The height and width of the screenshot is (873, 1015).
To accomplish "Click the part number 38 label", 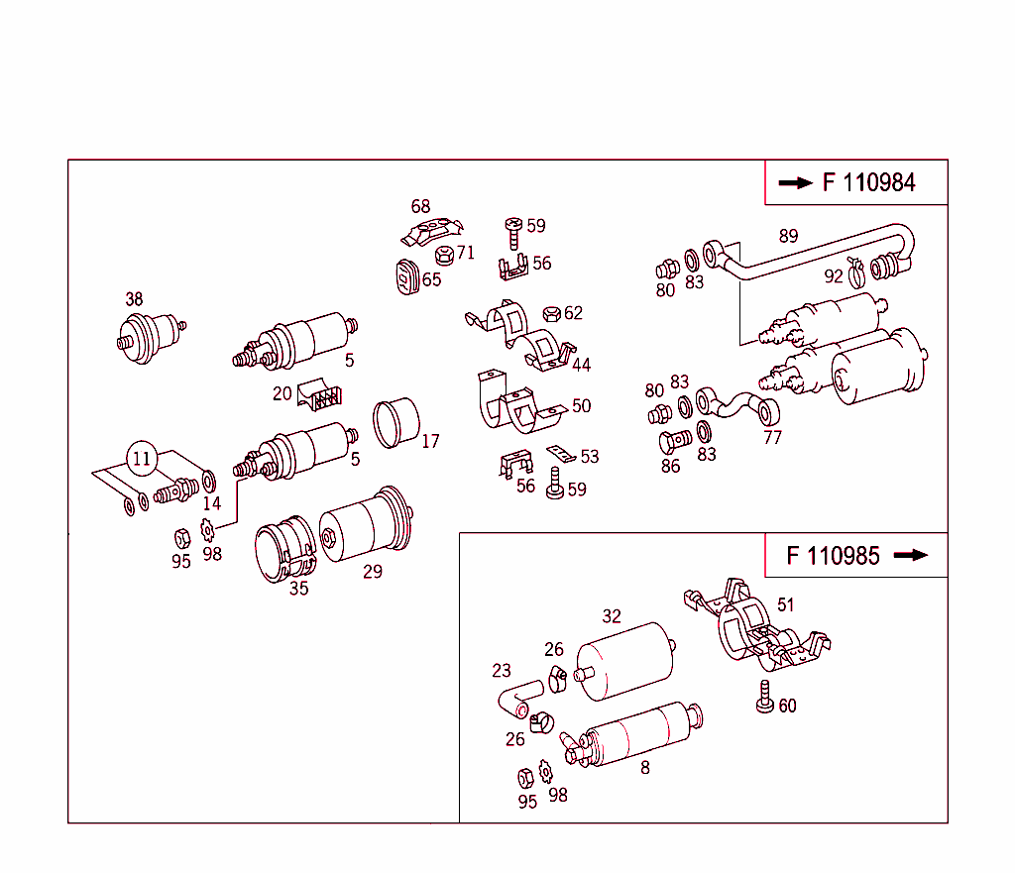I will click(x=134, y=298).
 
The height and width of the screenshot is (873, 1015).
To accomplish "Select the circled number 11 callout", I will click(x=142, y=459).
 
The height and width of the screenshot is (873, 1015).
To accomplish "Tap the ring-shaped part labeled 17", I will click(x=396, y=422).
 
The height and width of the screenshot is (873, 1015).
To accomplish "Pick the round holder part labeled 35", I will click(x=283, y=551).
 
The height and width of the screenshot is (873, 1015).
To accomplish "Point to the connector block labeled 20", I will click(x=320, y=395).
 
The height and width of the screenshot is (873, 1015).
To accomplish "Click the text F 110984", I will click(x=868, y=182).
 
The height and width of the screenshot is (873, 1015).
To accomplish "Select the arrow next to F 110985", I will click(x=910, y=555).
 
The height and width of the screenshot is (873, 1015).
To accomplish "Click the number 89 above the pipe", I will click(x=788, y=236).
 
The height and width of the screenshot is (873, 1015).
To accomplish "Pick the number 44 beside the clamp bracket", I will click(x=581, y=365).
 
